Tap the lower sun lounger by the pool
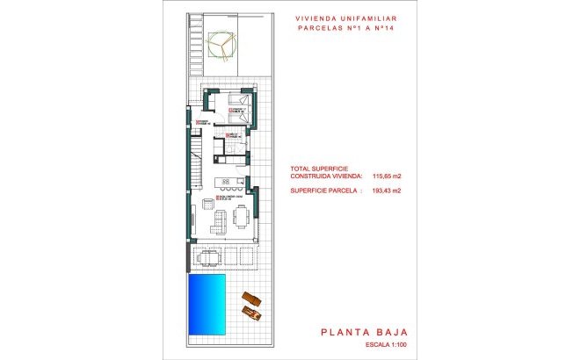pyautogui.click(x=253, y=312)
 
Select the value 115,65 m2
pyautogui.click(x=388, y=176)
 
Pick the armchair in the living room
pyautogui.click(x=207, y=204)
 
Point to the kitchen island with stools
pyautogui.click(x=231, y=184)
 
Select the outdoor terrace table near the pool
pyautogui.click(x=209, y=257)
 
